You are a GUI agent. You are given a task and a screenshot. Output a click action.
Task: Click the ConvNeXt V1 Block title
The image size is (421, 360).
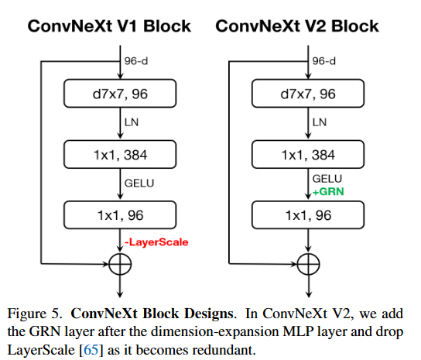tap(109, 26)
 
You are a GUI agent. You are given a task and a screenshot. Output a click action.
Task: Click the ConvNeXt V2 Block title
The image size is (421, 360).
tap(297, 26)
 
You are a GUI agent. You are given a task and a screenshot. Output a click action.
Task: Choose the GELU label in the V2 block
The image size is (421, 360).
tap(324, 180)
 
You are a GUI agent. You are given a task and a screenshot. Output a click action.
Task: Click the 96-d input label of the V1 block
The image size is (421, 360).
tap(136, 60)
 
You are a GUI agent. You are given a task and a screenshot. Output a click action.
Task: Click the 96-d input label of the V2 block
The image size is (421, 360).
tap(323, 60)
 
